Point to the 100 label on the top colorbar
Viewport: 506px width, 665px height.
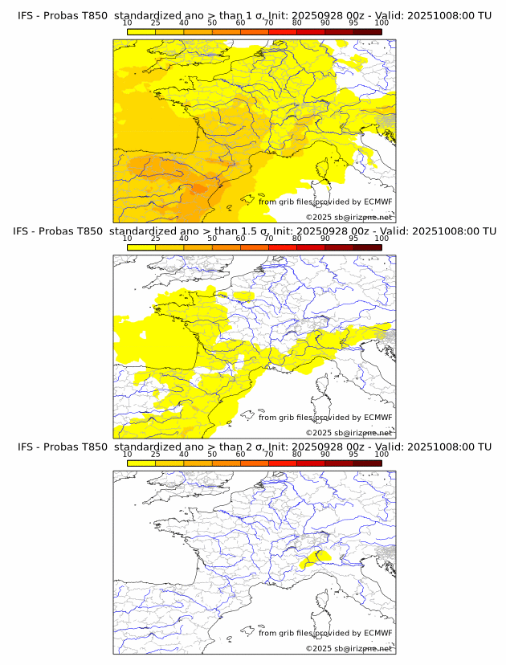(x=382, y=22)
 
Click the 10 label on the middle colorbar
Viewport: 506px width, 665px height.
(x=128, y=239)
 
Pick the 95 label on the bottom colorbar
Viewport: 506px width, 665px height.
(x=353, y=455)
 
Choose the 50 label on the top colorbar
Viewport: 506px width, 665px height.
(x=212, y=22)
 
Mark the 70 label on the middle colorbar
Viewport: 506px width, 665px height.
(x=268, y=239)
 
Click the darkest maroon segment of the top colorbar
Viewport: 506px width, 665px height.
(x=367, y=32)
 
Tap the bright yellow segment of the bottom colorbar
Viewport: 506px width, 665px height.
(x=141, y=463)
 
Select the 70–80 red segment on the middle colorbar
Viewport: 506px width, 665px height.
(x=282, y=247)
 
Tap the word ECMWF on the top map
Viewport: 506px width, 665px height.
(x=377, y=202)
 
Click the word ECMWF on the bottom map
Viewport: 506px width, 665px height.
(x=377, y=633)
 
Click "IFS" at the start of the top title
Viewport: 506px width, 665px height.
(x=26, y=15)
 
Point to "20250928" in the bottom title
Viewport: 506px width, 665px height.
(x=322, y=447)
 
